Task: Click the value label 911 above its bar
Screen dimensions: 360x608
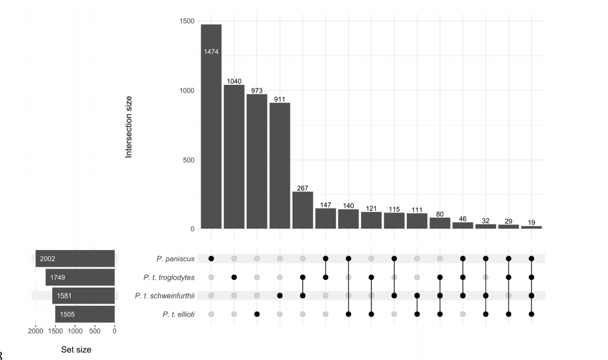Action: (x=280, y=98)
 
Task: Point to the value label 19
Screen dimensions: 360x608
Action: (x=531, y=223)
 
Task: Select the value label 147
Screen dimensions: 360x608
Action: (x=325, y=205)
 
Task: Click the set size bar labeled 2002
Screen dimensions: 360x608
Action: (x=75, y=259)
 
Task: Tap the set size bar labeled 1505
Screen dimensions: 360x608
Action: (x=85, y=314)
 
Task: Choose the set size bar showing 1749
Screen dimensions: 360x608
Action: (x=80, y=277)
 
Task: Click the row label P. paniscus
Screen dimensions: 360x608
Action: (x=176, y=259)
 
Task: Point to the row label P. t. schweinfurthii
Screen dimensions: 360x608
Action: (x=165, y=296)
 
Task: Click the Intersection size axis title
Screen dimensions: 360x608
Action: (x=129, y=125)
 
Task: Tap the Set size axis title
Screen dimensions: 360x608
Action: (x=76, y=350)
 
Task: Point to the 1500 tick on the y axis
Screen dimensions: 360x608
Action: (x=186, y=21)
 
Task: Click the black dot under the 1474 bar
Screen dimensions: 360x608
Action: (x=211, y=259)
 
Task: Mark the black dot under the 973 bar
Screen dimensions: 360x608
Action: (x=257, y=314)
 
